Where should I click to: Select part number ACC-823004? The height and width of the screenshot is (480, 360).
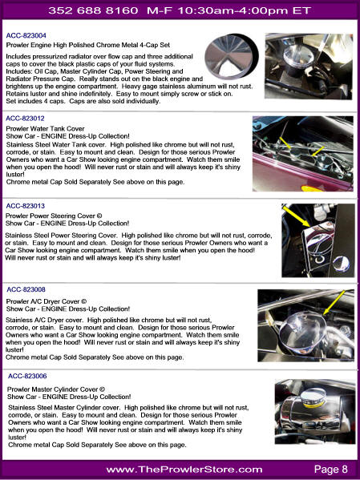pos(25,36)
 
